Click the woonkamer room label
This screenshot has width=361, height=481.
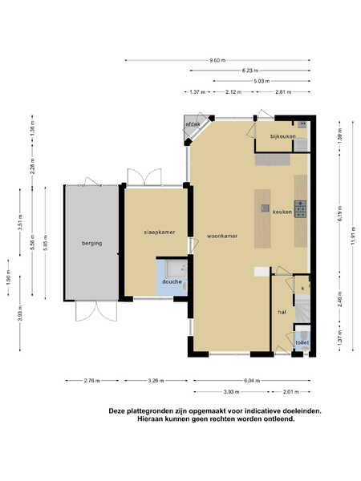(222, 236)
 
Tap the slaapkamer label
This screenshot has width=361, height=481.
(160, 232)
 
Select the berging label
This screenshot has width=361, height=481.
(91, 243)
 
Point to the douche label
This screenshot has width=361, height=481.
(172, 281)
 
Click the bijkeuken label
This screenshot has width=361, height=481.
(282, 136)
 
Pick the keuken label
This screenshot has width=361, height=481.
(282, 212)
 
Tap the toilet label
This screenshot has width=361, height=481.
(302, 342)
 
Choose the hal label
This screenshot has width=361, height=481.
(282, 312)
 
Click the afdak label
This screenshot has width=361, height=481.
(193, 124)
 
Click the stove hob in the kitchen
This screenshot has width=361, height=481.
(301, 209)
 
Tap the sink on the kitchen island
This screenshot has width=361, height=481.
(265, 208)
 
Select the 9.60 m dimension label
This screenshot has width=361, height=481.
(217, 60)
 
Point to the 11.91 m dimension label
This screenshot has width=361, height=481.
(353, 235)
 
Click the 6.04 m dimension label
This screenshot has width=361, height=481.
(252, 381)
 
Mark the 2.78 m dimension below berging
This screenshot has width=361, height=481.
(92, 381)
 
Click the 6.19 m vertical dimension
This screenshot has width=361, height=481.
(339, 214)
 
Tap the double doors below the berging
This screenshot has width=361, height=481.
(96, 311)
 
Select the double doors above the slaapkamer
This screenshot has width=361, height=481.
(144, 177)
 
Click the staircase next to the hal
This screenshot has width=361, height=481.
(302, 309)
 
